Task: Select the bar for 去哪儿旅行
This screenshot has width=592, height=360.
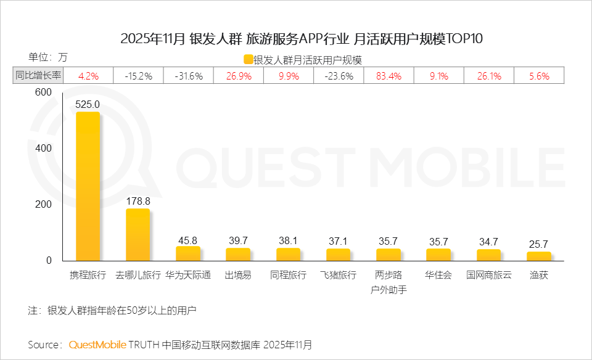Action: click(x=138, y=235)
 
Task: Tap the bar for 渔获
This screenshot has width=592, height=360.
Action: click(x=538, y=256)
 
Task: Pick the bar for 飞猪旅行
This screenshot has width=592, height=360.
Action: click(x=338, y=255)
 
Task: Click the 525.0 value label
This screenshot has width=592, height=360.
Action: click(x=88, y=105)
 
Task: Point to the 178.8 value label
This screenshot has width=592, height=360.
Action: click(x=138, y=201)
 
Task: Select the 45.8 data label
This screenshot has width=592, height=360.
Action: click(x=188, y=239)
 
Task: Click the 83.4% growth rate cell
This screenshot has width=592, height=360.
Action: click(x=388, y=76)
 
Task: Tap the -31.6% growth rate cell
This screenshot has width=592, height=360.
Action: click(x=188, y=76)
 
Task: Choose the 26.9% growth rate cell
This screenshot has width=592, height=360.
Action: click(x=238, y=76)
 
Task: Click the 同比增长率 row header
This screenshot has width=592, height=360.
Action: click(x=38, y=76)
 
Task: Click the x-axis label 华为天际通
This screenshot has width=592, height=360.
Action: click(x=188, y=276)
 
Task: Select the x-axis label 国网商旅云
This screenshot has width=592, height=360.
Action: click(x=488, y=276)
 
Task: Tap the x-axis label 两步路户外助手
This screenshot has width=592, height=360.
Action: click(x=388, y=282)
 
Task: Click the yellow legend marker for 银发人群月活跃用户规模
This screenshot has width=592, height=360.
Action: click(x=248, y=60)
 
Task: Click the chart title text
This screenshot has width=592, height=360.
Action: click(x=302, y=39)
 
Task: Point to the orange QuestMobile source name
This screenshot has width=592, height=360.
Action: click(x=97, y=344)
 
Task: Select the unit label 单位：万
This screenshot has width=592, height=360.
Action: click(x=47, y=57)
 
